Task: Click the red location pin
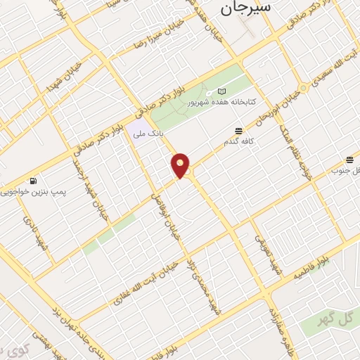click(181, 165)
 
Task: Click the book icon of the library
click(223, 91)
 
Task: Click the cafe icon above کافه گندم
click(238, 131)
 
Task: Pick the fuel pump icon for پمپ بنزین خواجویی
click(34, 179)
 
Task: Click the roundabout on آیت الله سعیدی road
click(303, 88)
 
